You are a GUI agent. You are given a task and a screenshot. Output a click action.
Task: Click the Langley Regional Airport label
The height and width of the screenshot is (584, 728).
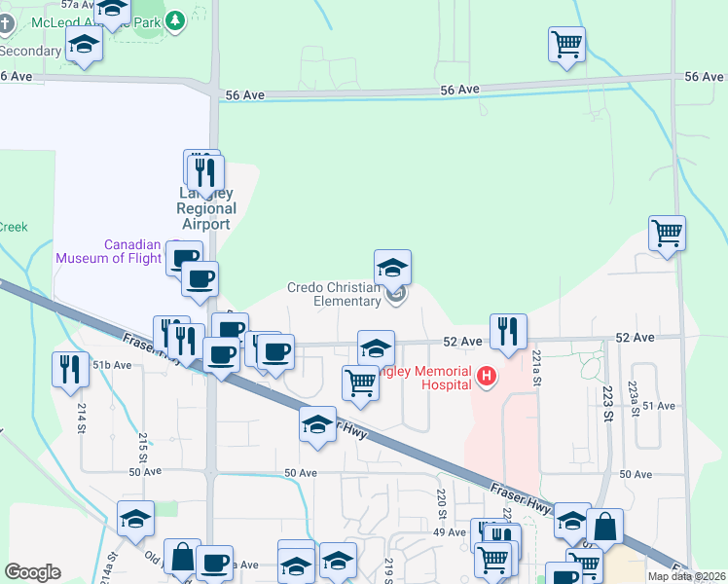pyautogui.click(x=206, y=208)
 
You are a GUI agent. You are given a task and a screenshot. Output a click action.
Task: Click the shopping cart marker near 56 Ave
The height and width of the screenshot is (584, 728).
pyautogui.click(x=566, y=44)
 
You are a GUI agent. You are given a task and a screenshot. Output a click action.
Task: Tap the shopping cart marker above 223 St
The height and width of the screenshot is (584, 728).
pyautogui.click(x=668, y=233)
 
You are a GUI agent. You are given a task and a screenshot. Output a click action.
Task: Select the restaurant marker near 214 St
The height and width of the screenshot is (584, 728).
pyautogui.click(x=69, y=368)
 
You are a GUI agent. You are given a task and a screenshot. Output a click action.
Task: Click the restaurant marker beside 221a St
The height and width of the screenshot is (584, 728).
pyautogui.click(x=508, y=331)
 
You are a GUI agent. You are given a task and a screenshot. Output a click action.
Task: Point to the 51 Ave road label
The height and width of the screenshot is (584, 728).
pyautogui.click(x=659, y=405)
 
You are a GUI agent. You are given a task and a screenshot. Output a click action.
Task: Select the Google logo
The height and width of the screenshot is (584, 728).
pyautogui.click(x=33, y=572)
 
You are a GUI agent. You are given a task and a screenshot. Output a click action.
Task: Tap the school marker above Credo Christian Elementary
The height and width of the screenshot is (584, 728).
pyautogui.click(x=392, y=267)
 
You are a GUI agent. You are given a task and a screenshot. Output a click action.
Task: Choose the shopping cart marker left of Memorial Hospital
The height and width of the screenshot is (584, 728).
pyautogui.click(x=360, y=383)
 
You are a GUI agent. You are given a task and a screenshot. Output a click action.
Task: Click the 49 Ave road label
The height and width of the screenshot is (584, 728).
pyautogui.click(x=450, y=532)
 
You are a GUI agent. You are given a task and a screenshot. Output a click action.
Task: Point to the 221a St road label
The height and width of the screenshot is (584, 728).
pyautogui.click(x=535, y=369)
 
